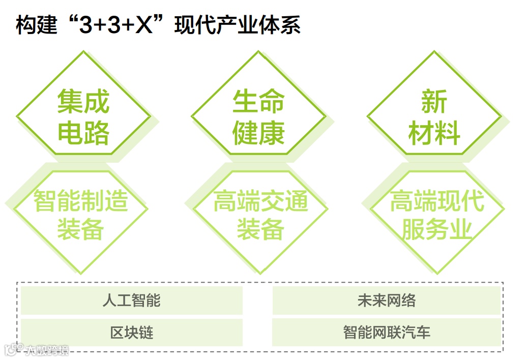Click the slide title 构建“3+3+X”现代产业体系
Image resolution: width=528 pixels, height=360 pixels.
click(158, 25)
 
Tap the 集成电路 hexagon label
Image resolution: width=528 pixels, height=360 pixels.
click(83, 116)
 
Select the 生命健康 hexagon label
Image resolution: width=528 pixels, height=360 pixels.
click(258, 116)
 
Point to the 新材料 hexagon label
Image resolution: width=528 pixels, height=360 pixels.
click(434, 116)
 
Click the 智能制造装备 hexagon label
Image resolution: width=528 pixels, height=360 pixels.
click(81, 215)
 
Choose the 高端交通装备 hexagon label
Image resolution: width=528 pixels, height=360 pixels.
click(260, 215)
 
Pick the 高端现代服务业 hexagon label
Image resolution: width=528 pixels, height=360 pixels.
click(437, 215)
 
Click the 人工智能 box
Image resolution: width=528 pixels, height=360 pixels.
click(131, 300)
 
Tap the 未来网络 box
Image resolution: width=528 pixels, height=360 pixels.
click(387, 300)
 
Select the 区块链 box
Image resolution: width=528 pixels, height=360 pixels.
click(131, 333)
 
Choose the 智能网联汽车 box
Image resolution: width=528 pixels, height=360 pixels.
click(387, 333)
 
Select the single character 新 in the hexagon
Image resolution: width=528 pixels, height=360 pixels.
click(434, 101)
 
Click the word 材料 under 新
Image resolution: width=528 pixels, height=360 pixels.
click(434, 133)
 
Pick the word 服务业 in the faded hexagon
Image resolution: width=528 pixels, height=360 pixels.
click(437, 229)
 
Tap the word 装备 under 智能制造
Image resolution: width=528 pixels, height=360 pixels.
click(80, 229)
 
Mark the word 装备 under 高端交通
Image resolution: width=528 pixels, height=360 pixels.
click(260, 229)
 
